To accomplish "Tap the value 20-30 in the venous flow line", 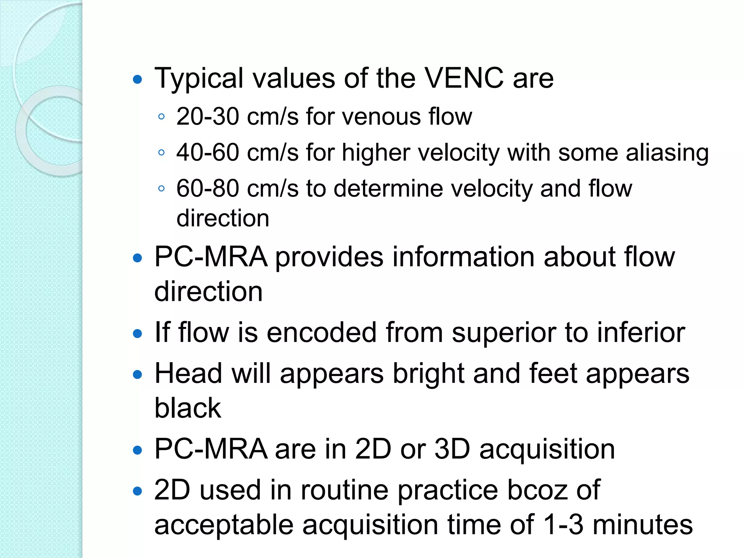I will (x=207, y=117).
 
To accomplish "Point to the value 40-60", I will (x=207, y=152).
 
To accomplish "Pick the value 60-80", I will (x=207, y=188).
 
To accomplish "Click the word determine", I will (x=388, y=188).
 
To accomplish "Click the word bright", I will (x=429, y=374).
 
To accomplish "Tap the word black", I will (x=187, y=408).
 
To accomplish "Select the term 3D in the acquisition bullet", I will (x=452, y=449).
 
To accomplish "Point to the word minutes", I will (x=642, y=525).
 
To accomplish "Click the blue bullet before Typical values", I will (x=137, y=80).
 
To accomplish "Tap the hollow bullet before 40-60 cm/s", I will (x=162, y=153).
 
